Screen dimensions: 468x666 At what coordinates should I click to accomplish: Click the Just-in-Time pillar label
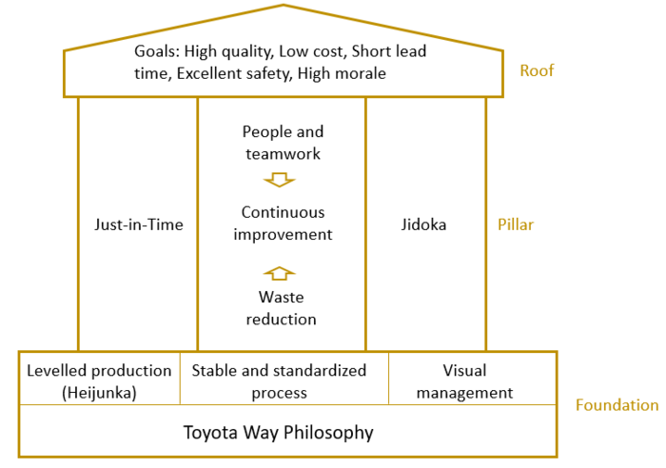point(139,225)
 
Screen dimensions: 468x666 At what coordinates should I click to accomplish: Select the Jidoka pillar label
point(425,225)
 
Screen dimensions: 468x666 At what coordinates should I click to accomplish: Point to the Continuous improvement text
point(283,223)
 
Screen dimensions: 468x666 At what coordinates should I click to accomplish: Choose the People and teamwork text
point(283,142)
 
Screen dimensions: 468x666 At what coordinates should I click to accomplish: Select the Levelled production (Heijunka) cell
point(99,380)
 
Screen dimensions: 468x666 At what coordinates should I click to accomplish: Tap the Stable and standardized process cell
point(280,380)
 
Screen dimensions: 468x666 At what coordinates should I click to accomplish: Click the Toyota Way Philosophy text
point(279,433)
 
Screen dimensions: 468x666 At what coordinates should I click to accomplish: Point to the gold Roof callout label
point(537,70)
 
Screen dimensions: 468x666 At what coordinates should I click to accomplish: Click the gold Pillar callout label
point(517,225)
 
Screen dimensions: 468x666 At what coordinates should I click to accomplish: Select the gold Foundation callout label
point(617,405)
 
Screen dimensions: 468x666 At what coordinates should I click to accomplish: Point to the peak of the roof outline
point(284,6)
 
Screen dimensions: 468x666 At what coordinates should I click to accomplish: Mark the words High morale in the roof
point(342,73)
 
